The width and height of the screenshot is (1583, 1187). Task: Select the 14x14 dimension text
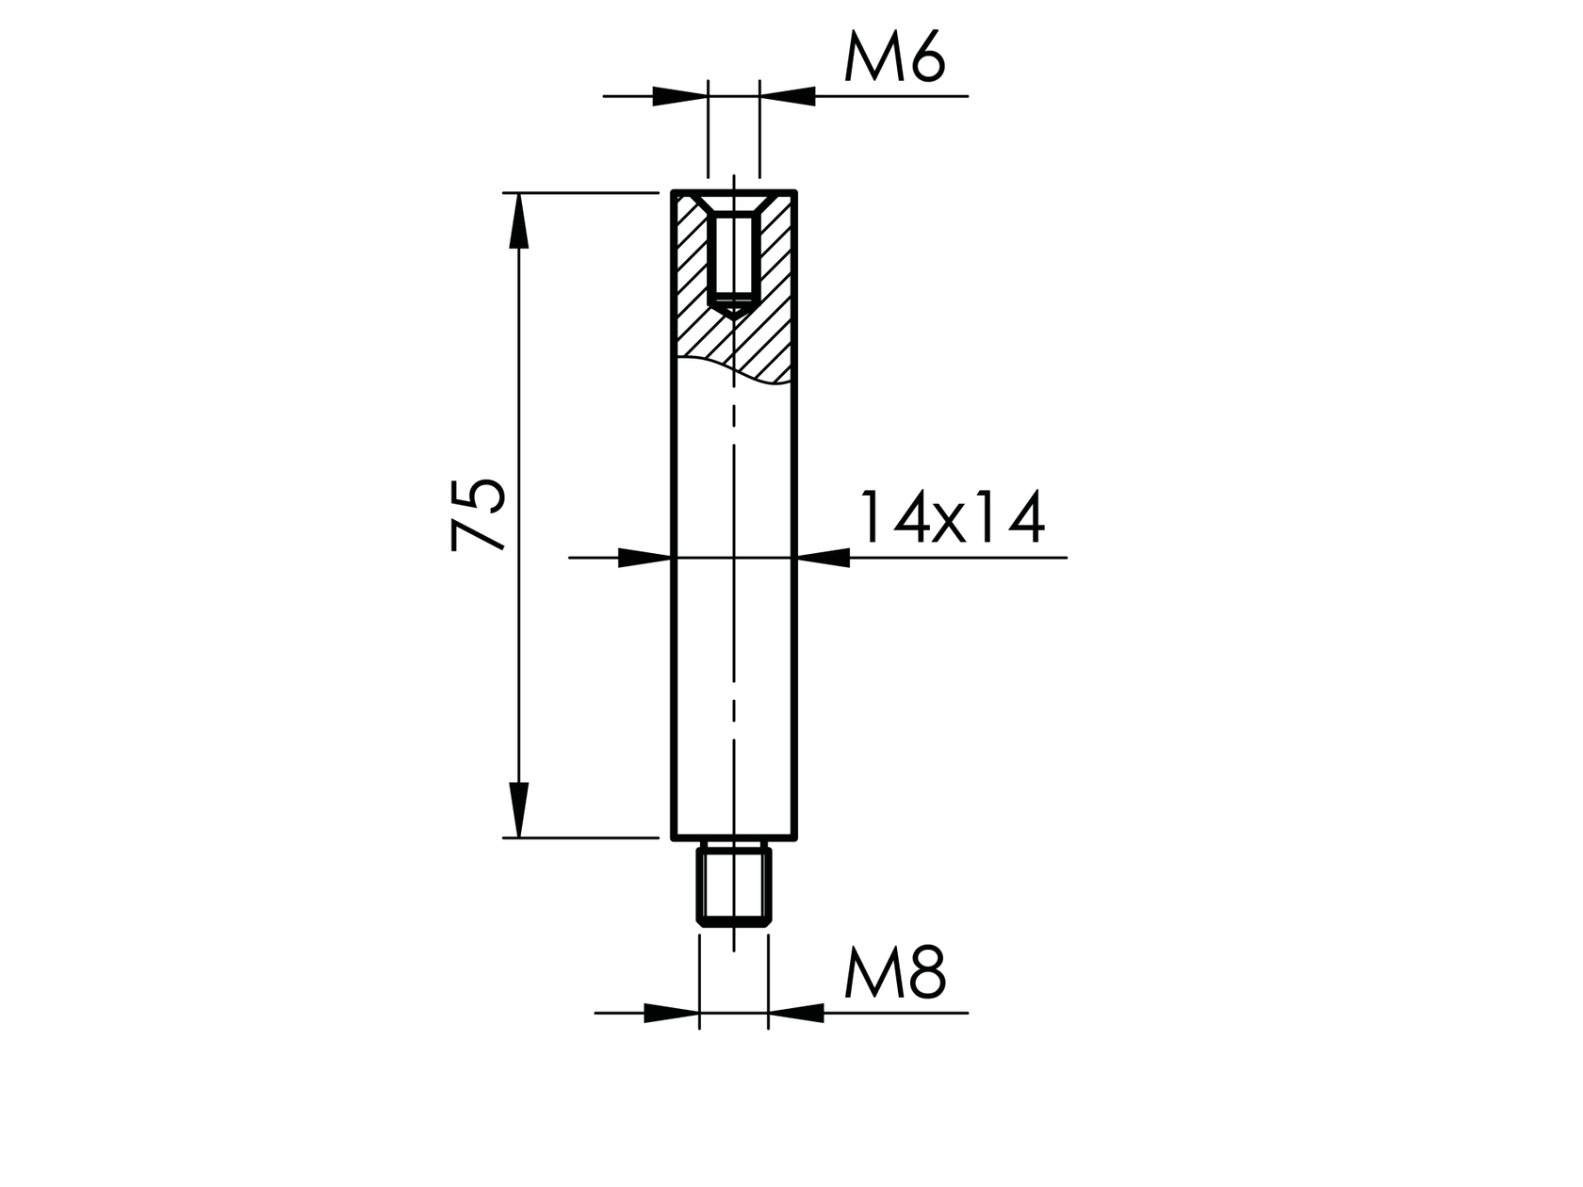pos(950,517)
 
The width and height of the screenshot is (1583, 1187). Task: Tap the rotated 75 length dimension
pos(479,514)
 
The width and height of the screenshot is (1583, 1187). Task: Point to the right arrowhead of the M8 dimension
pos(796,1014)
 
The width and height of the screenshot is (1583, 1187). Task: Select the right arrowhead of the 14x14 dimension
pos(824,558)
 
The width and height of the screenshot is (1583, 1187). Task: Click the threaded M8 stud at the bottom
pos(734,886)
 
